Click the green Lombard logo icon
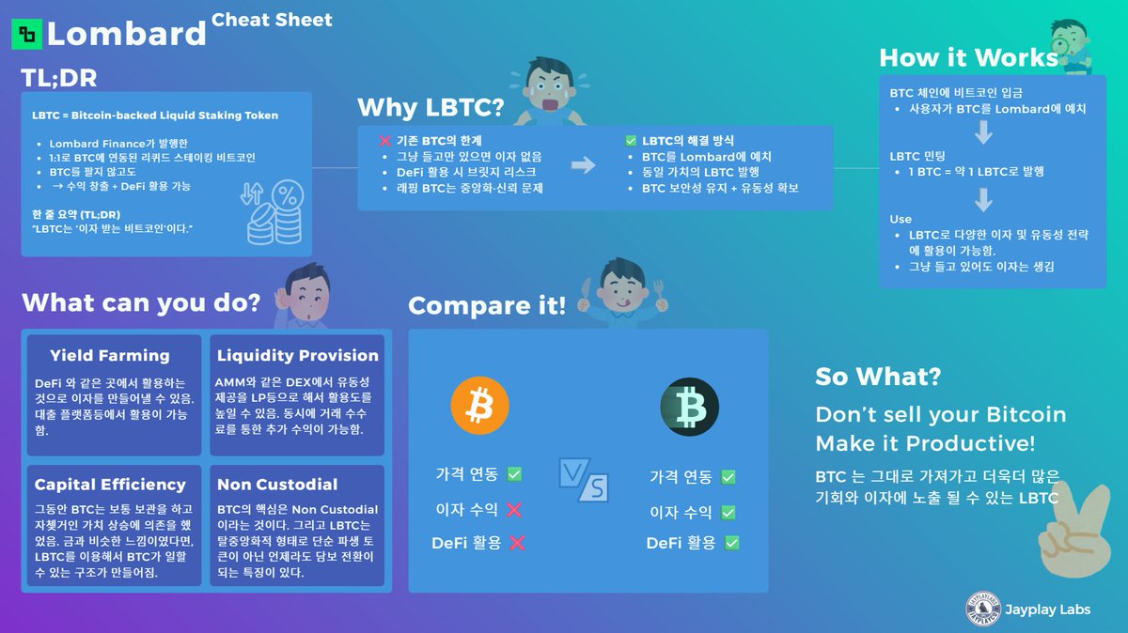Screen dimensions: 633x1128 pos(26,35)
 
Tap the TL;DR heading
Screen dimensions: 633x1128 pos(59,78)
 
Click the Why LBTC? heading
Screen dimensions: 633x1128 pos(431,106)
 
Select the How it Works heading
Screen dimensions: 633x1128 pos(968,58)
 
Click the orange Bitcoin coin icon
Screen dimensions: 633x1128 pos(479,406)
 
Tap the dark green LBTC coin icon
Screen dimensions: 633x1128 pos(689,406)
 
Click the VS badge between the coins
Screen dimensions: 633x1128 pos(584,481)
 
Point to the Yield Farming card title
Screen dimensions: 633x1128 pos(110,356)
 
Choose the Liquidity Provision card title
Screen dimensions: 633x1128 pos(297,356)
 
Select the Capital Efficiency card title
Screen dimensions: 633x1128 pos(110,485)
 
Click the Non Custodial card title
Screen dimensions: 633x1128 pos(277,485)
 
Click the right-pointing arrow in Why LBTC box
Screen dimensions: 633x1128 pos(584,165)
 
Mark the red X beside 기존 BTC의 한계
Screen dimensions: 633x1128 pos(384,141)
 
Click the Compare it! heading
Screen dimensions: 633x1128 pos(487,305)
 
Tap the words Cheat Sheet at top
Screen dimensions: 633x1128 pos(272,20)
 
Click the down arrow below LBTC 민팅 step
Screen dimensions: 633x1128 pos(984,200)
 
